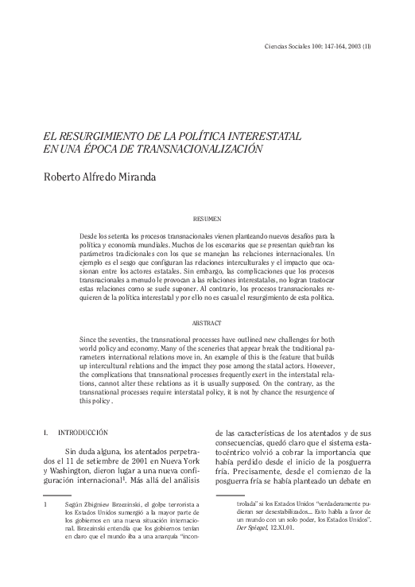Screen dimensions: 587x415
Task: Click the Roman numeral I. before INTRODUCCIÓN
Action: coord(45,432)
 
